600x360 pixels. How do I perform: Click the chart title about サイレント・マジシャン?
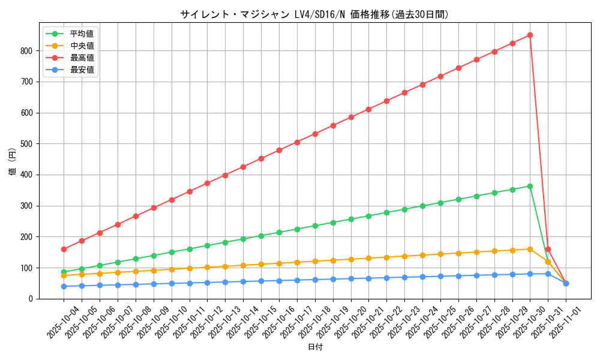click(314, 14)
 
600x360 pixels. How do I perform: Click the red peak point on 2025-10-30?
click(530, 35)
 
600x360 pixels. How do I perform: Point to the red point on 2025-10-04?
click(64, 249)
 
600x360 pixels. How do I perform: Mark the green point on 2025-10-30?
click(530, 186)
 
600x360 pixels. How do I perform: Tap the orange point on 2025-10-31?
click(548, 262)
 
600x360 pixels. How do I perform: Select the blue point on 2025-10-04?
click(64, 286)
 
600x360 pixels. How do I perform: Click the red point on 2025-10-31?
click(548, 249)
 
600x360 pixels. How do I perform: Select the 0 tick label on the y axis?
click(30, 299)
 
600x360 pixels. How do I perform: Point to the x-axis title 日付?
click(315, 347)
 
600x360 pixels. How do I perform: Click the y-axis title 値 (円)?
click(13, 163)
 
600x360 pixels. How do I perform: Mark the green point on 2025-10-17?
click(297, 229)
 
